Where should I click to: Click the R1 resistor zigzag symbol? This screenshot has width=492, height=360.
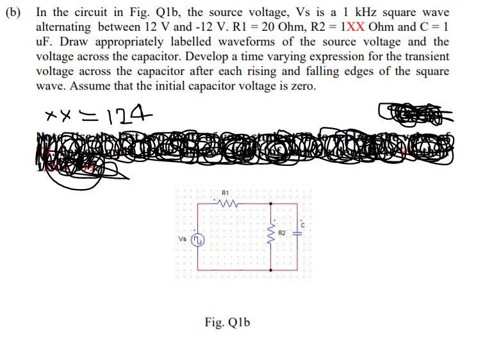tap(228, 204)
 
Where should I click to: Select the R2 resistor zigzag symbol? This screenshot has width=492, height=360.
tap(270, 236)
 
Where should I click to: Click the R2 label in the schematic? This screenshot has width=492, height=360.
tap(281, 233)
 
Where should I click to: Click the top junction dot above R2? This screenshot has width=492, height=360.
tap(270, 204)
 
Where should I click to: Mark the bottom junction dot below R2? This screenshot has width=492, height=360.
tap(270, 270)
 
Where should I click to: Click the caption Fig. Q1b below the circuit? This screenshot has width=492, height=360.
tap(227, 322)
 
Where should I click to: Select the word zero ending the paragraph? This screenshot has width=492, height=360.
tap(302, 86)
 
